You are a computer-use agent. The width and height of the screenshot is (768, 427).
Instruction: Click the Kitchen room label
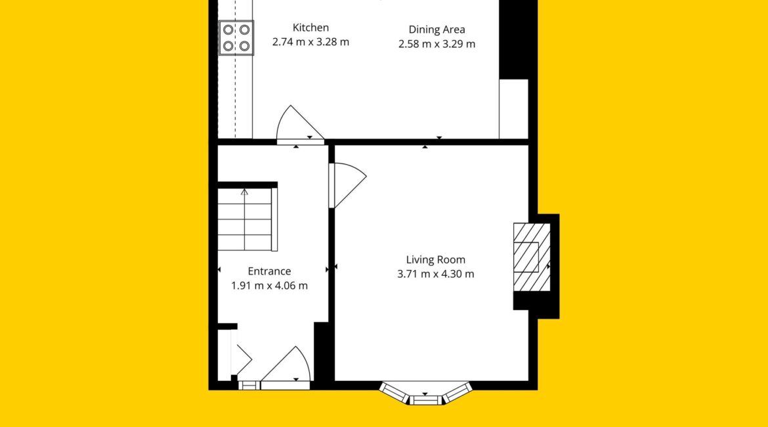[x=310, y=28]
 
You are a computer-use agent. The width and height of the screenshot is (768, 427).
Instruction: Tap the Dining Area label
[x=437, y=30]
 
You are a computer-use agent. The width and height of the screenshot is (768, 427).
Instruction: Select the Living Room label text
[x=435, y=260]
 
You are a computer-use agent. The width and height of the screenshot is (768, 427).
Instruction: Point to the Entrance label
[x=269, y=271]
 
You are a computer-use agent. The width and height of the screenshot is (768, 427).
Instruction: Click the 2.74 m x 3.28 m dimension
[x=310, y=42]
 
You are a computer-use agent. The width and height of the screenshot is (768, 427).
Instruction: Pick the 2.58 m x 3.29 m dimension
[x=437, y=44]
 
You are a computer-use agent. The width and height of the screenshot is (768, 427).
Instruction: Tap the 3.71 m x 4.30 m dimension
[x=435, y=274]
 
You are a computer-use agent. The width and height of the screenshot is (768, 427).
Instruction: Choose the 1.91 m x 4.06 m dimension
[x=269, y=285]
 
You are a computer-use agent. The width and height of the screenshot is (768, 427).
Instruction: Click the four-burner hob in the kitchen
[x=236, y=37]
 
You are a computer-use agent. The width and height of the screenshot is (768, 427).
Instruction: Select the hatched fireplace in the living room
[x=532, y=258]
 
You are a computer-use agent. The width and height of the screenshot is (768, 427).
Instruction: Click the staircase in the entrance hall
[x=247, y=219]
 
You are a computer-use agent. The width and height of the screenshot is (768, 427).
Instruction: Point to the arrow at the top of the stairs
[x=244, y=192]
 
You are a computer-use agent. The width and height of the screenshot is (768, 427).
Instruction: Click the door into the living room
[x=347, y=185]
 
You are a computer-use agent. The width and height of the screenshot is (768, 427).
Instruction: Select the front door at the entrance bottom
[x=286, y=368]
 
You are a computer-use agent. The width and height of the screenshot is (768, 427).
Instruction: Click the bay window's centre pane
[x=425, y=400]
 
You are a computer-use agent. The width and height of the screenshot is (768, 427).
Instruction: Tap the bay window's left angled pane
[x=395, y=393]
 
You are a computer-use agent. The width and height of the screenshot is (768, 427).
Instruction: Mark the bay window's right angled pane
[x=458, y=393]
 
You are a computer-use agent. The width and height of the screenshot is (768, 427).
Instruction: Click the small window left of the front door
[x=249, y=386]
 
